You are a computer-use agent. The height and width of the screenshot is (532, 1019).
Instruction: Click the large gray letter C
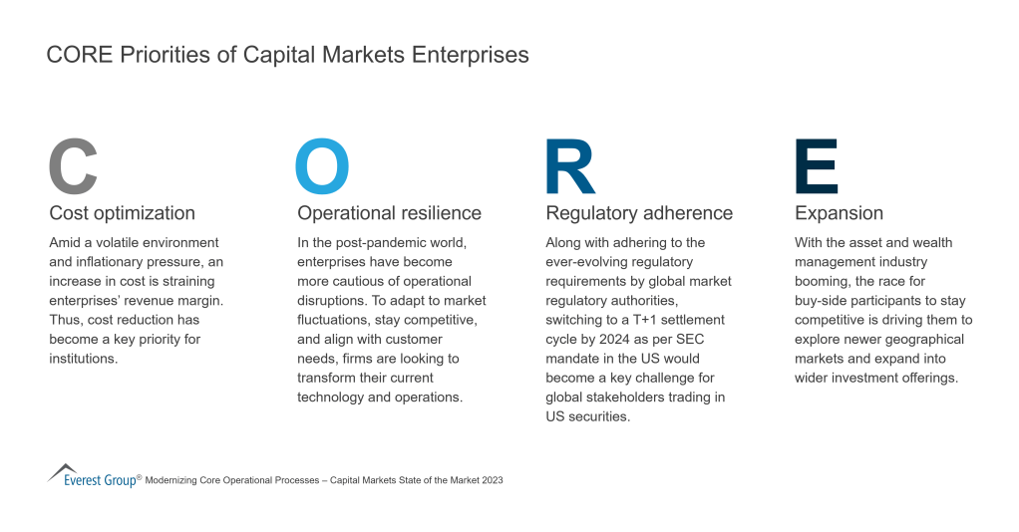(74, 166)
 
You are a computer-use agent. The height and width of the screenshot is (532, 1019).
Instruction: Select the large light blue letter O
(322, 166)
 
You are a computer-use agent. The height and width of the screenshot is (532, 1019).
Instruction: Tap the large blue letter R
(570, 166)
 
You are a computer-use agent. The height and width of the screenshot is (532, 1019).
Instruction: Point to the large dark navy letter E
(817, 166)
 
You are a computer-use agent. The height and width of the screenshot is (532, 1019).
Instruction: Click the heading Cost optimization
(122, 213)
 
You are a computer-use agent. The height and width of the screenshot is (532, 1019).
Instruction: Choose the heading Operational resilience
(389, 213)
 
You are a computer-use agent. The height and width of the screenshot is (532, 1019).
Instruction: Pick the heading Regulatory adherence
(639, 213)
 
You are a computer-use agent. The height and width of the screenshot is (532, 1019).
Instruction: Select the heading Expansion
(839, 213)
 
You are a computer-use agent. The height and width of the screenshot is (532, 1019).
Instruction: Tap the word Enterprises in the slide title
(470, 55)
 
